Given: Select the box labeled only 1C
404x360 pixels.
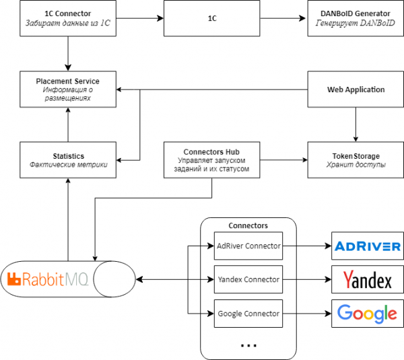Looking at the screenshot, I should coord(212,19).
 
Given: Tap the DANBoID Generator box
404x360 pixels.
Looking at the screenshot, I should coord(356,19).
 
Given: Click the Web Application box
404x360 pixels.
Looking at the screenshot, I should coord(356,89).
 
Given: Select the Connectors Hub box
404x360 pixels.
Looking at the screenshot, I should coord(212,160).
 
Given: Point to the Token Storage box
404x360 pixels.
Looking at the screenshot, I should coord(356,160).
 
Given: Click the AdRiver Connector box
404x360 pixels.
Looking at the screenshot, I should coord(248,246).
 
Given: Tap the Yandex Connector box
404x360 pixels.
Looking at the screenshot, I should coord(248,279).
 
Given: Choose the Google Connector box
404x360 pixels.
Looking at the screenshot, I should coord(248,314).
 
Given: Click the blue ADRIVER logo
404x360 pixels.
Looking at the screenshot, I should coord(368,246).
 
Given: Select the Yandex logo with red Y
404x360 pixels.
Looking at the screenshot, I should coord(368,279).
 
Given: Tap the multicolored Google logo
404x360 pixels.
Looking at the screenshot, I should coord(368,314).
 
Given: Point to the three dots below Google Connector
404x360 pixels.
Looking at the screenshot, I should coord(248,345).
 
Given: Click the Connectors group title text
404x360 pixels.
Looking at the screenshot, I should coord(248,225).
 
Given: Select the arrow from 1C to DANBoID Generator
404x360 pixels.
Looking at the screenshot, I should coord(283,19).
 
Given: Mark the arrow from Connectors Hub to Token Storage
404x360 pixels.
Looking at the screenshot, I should coord(283,160).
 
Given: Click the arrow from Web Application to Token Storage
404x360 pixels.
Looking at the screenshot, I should coord(356,124).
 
